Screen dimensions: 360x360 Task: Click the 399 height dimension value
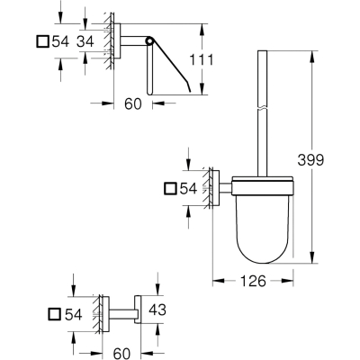(x=310, y=160)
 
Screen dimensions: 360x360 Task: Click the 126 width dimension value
(x=253, y=281)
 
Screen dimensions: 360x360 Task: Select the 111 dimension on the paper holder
(x=201, y=59)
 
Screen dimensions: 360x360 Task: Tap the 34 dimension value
(x=85, y=41)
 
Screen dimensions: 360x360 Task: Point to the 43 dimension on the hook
(x=157, y=310)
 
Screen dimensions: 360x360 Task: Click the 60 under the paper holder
(x=133, y=103)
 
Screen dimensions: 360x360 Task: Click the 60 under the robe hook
(x=121, y=354)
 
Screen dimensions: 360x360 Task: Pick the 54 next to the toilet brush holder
(x=189, y=189)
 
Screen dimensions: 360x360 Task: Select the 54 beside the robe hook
(x=74, y=314)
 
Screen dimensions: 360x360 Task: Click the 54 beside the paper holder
(x=60, y=41)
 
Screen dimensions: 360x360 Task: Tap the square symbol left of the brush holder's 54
(x=170, y=188)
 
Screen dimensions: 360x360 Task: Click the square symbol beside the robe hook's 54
(x=55, y=314)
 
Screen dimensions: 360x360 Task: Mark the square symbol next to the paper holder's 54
(x=42, y=41)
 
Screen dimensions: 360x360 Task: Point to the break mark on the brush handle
(x=263, y=108)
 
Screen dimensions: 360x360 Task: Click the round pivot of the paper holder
(x=149, y=40)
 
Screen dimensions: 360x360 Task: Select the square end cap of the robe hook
(x=138, y=310)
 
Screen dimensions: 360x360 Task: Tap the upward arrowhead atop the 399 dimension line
(x=312, y=57)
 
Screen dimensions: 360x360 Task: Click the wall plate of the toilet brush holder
(x=216, y=188)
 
